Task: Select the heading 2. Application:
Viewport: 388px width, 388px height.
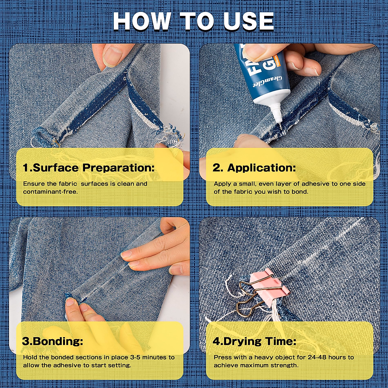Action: click(x=254, y=168)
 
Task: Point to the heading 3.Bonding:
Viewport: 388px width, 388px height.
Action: click(x=53, y=341)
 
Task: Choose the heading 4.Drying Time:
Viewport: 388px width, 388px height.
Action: click(x=254, y=341)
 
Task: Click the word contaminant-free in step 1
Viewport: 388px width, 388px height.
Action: click(x=50, y=192)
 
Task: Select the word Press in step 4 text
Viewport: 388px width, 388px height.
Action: click(x=222, y=358)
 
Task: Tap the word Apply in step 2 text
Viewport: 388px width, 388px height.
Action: click(x=222, y=184)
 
